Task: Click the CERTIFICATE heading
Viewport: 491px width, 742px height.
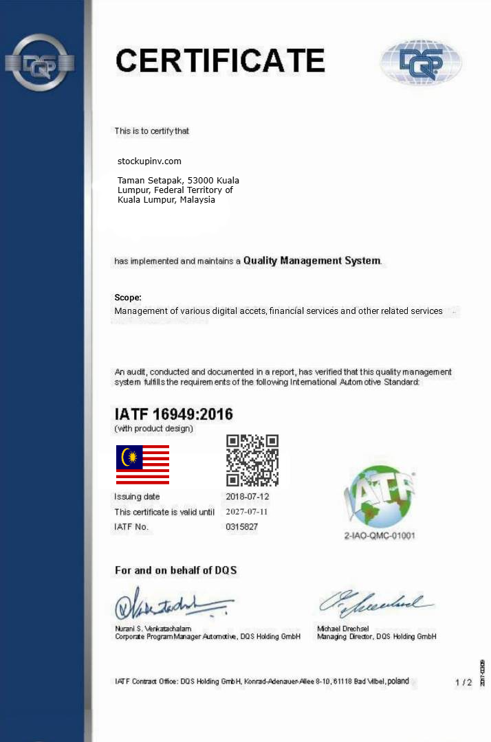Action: (x=220, y=60)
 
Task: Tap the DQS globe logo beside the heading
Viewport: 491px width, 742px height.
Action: (x=421, y=63)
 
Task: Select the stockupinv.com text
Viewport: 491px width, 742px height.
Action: (x=150, y=161)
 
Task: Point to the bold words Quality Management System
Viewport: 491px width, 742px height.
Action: (x=312, y=261)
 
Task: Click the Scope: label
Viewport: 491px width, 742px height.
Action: (x=128, y=297)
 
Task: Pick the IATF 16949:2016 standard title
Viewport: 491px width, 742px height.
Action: (x=173, y=414)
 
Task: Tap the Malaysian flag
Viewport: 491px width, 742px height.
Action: (x=142, y=464)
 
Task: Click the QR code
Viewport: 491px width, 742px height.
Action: (x=252, y=460)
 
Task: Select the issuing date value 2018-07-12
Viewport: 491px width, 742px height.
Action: (x=247, y=497)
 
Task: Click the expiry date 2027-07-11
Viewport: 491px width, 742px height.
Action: (x=247, y=512)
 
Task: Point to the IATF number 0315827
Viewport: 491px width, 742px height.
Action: (x=241, y=527)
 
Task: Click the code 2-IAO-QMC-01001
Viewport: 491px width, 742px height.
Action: (x=380, y=536)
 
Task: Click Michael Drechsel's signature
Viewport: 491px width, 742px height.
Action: (x=375, y=603)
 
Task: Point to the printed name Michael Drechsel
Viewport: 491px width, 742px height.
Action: (x=343, y=629)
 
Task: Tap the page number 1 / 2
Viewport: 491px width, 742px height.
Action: (x=463, y=682)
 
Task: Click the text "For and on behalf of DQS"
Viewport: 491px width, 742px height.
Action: (x=176, y=571)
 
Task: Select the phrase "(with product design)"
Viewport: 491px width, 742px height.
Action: (x=153, y=429)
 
